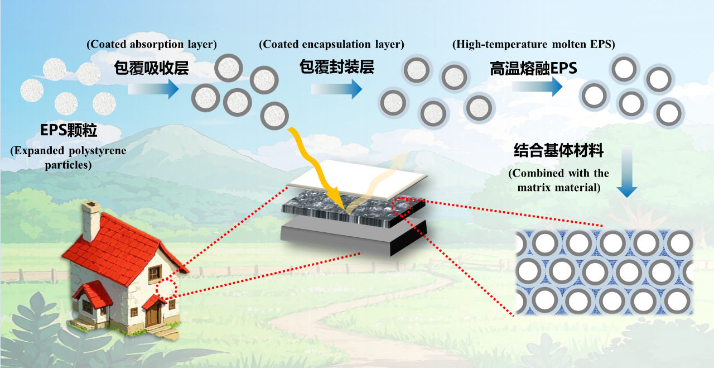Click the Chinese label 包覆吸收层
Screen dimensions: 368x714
click(x=151, y=69)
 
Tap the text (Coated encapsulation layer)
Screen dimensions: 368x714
click(x=331, y=44)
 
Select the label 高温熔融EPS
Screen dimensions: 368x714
click(x=533, y=69)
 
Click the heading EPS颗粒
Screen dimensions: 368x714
click(x=69, y=131)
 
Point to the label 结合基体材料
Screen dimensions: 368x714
click(x=558, y=151)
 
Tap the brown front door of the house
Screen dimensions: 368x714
click(x=153, y=313)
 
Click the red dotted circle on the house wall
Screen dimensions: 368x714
click(x=166, y=290)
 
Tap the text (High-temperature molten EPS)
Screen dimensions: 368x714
click(x=534, y=44)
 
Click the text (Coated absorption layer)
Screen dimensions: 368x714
click(x=152, y=44)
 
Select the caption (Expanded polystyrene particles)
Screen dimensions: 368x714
click(x=68, y=158)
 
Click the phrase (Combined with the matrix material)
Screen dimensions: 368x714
click(x=558, y=180)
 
